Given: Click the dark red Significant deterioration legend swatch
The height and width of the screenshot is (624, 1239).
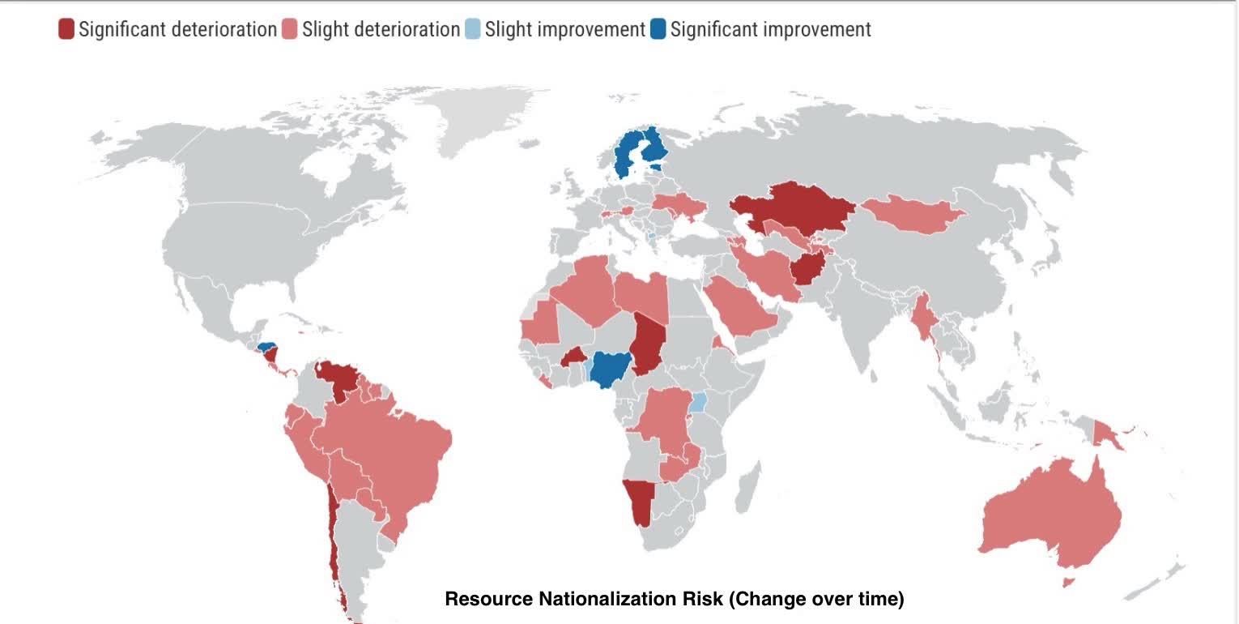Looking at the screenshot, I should point(66,30).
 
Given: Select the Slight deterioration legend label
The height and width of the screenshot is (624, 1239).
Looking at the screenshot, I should point(381,30).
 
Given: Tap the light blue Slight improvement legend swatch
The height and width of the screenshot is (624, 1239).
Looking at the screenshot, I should point(472,30).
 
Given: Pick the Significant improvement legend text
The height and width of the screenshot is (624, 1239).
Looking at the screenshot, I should point(770,30).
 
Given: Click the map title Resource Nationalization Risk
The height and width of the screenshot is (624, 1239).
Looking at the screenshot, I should point(674,600).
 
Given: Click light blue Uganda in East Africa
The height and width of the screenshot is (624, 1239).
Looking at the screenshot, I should point(698,402).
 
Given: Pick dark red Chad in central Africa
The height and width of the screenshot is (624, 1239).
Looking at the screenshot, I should point(649,344).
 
